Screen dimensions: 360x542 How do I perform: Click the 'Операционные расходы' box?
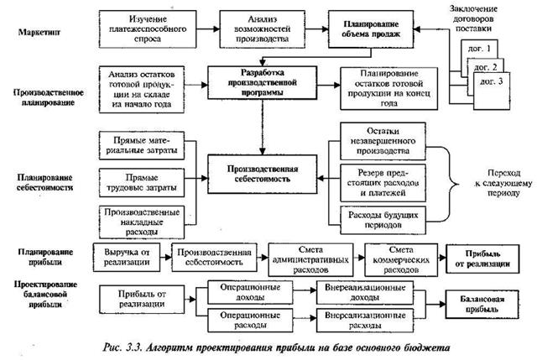(x=243, y=321)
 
